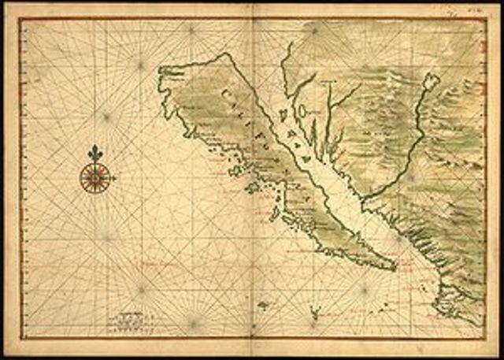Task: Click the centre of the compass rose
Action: click(95, 177)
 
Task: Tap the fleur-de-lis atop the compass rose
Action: click(95, 152)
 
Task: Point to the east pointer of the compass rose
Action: click(115, 178)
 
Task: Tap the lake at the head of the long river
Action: click(430, 80)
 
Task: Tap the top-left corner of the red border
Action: click(19, 18)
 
